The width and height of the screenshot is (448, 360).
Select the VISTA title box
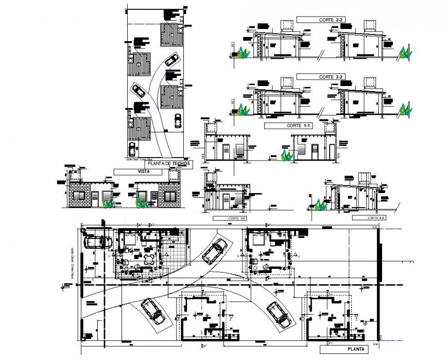(144, 172)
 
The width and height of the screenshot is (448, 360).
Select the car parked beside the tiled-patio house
(97, 241)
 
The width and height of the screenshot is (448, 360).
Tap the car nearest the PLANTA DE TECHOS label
(132, 149)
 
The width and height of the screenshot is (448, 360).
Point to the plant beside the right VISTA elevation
(141, 203)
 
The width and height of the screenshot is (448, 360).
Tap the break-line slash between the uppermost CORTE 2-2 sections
(320, 53)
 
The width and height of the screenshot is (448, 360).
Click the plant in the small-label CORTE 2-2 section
(320, 205)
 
